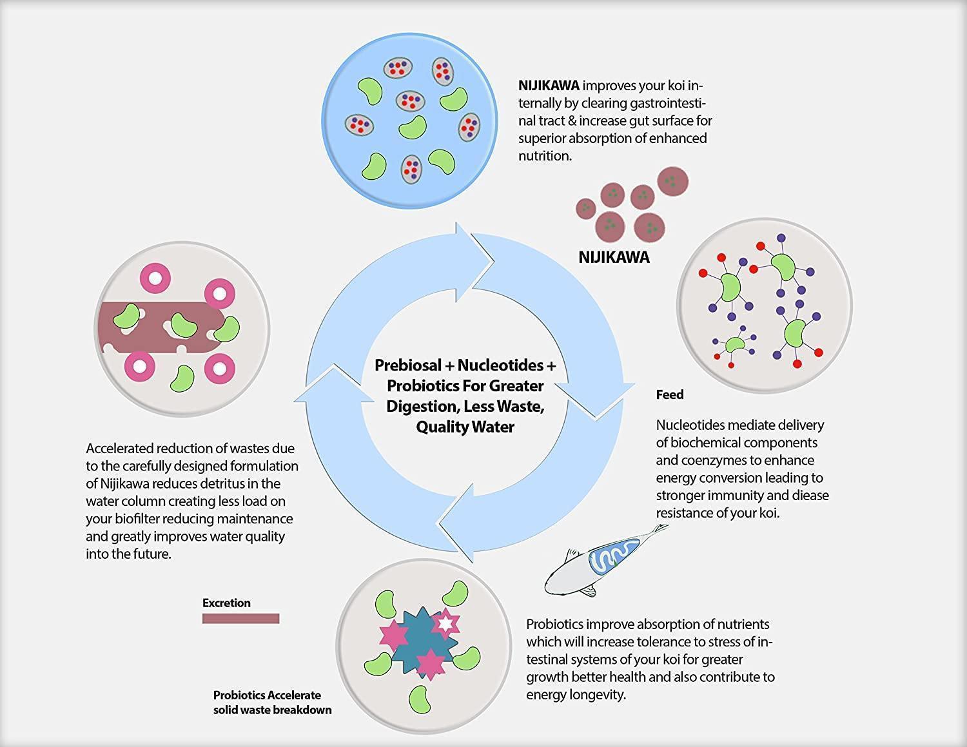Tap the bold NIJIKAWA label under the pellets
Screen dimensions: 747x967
pyautogui.click(x=614, y=258)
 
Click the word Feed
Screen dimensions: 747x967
pyautogui.click(x=670, y=394)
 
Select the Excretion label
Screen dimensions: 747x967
pyautogui.click(x=226, y=603)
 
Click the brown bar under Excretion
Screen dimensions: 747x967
pyautogui.click(x=240, y=619)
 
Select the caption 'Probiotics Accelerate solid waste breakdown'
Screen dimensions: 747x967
pyautogui.click(x=272, y=703)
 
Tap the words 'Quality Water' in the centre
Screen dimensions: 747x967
pyautogui.click(x=465, y=427)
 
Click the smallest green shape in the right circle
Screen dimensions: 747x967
pyautogui.click(x=734, y=345)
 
